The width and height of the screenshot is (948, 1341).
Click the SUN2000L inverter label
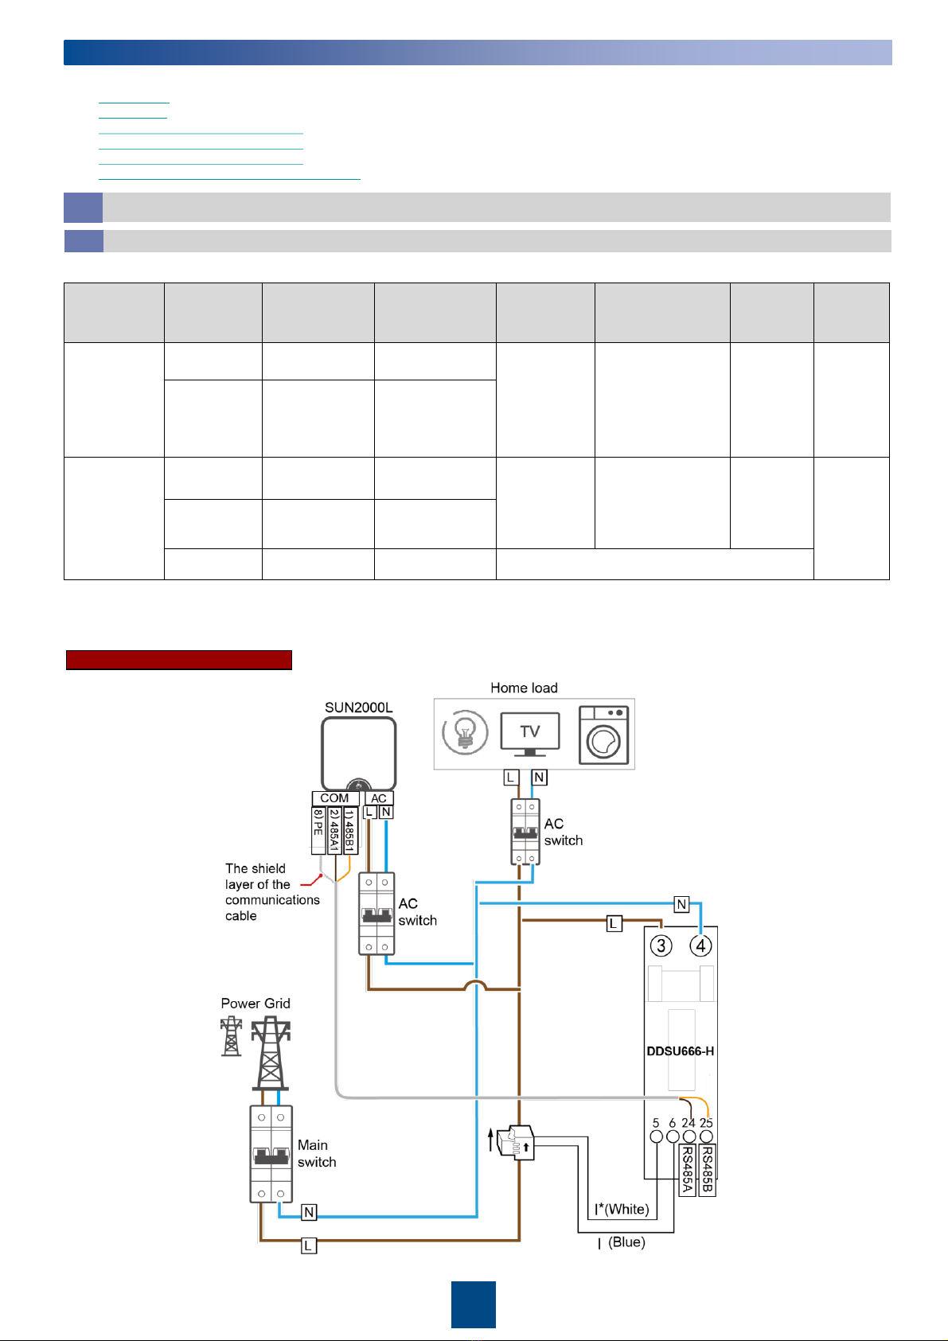[358, 707]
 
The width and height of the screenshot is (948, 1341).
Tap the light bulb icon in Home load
[465, 732]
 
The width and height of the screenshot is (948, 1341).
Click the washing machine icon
[603, 735]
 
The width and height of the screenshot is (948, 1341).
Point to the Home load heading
[524, 688]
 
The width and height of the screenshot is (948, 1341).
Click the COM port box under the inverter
[335, 798]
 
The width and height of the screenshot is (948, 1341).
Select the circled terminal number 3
[661, 946]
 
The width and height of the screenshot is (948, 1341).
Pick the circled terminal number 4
[700, 946]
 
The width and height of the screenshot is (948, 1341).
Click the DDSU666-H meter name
[681, 1051]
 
